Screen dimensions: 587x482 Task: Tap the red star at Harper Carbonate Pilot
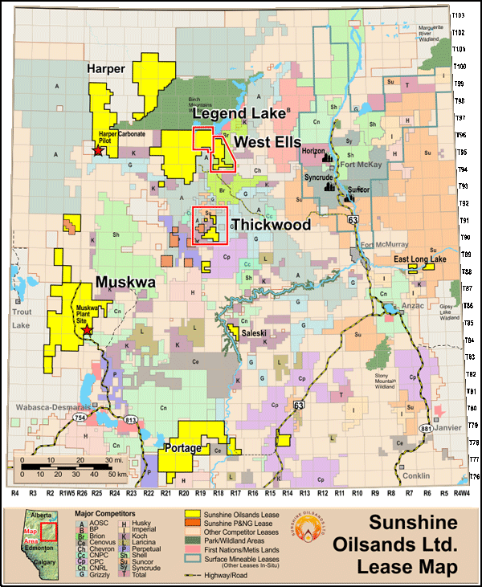click(x=98, y=150)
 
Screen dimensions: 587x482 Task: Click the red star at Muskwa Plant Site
click(x=87, y=329)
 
